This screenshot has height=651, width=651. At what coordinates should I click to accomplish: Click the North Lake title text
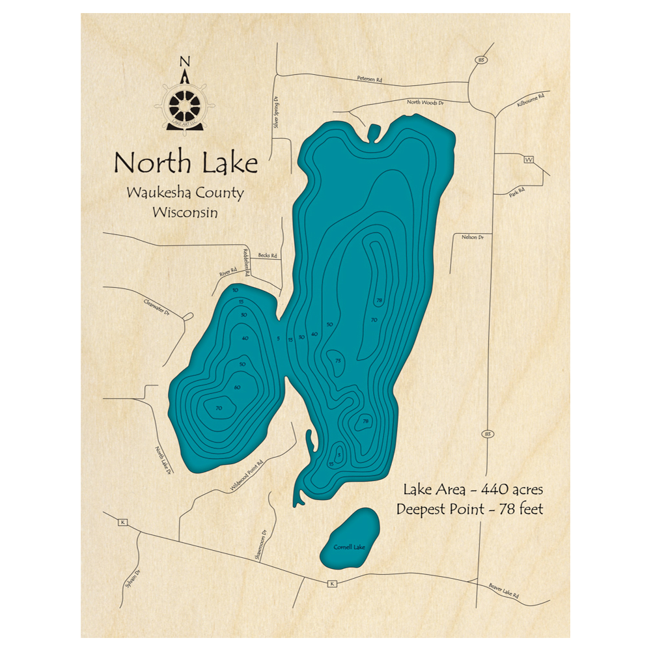pos(186,163)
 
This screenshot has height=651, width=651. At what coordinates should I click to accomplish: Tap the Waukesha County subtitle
pos(186,194)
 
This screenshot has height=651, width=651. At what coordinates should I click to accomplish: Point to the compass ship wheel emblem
pos(185,104)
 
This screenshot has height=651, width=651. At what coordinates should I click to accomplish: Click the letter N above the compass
pos(185,62)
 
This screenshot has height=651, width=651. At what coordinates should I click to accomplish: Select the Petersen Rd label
pos(369,79)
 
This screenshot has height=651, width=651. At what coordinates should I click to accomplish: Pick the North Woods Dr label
pos(425,103)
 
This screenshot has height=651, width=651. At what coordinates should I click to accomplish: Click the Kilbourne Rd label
pos(529,100)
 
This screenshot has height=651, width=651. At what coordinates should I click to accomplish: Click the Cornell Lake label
pos(349,547)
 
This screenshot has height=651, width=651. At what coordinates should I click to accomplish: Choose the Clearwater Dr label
pos(157,305)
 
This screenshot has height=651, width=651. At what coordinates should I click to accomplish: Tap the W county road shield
pos(529,159)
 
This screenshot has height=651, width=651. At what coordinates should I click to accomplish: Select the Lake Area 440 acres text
pos(473,489)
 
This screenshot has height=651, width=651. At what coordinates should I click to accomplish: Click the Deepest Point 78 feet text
pos(469,509)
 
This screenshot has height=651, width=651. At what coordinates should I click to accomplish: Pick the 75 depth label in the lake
pos(338,361)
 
